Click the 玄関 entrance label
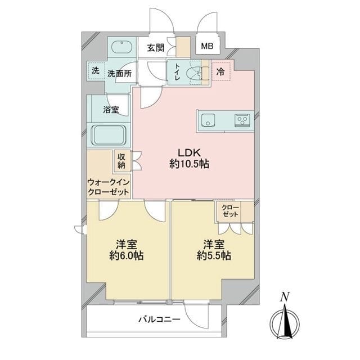point(156,48)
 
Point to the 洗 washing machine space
point(95,72)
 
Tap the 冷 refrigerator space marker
point(222,71)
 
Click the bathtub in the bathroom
point(109,135)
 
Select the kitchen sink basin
point(207,119)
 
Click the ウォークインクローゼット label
point(109,186)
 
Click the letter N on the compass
point(285,296)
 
